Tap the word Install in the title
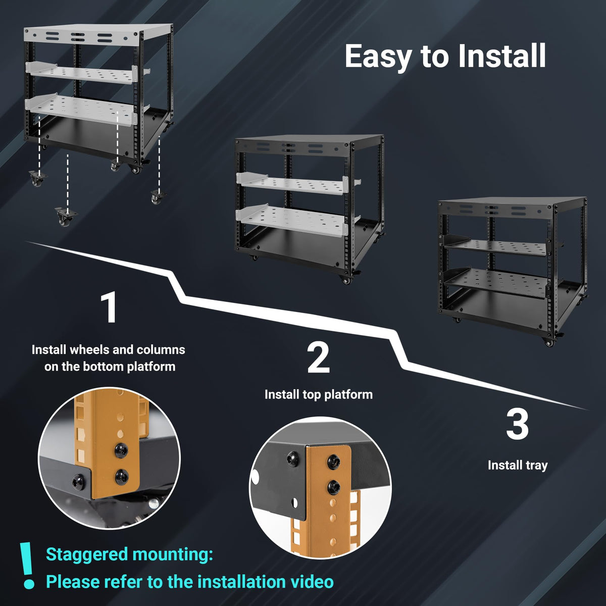click(501, 56)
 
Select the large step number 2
click(318, 358)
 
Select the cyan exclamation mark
click(28, 565)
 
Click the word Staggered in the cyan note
click(87, 554)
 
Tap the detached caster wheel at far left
click(37, 178)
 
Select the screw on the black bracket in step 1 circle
click(78, 481)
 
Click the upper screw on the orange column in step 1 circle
click(121, 450)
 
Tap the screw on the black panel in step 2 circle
click(293, 459)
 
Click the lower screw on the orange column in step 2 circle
click(333, 487)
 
